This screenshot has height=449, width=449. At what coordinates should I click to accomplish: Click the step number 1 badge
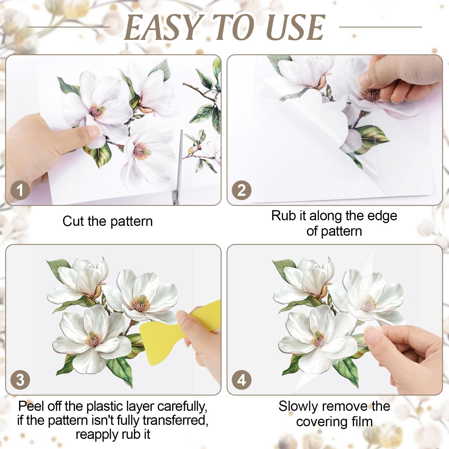20,190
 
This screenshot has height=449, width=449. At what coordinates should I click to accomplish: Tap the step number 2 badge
242,190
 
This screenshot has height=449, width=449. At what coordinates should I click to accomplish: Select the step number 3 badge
20,380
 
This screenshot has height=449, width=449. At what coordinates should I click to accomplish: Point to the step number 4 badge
242,380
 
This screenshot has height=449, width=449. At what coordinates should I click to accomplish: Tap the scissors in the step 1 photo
178,166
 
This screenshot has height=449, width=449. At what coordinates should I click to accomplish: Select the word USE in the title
295,27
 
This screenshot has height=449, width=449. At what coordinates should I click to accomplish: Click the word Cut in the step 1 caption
73,221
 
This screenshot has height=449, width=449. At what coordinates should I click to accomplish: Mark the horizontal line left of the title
69,27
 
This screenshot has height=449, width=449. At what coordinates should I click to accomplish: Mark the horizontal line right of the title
381,27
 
